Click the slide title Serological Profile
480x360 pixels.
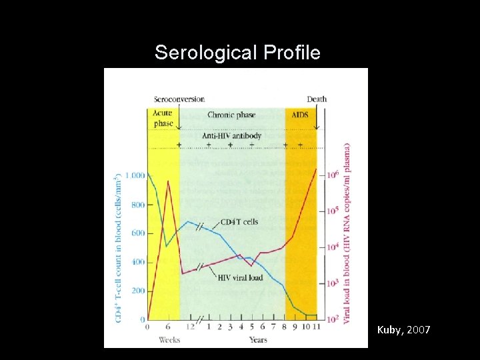coord(237,53)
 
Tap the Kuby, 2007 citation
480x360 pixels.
coord(403,330)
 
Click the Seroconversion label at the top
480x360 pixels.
coord(178,99)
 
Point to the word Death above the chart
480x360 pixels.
coord(317,99)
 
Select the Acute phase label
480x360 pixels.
coord(163,118)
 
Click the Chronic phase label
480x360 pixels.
coord(232,115)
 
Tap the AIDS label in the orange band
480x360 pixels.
coord(300,115)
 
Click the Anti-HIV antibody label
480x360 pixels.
coord(232,135)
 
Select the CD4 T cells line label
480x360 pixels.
coord(238,222)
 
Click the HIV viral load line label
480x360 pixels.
coord(241,277)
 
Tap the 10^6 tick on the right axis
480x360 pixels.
coord(331,175)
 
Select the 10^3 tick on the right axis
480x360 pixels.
coord(331,283)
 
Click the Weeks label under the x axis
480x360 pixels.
coord(169,340)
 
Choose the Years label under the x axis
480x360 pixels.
coord(257,340)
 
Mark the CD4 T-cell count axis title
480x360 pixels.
coord(118,247)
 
